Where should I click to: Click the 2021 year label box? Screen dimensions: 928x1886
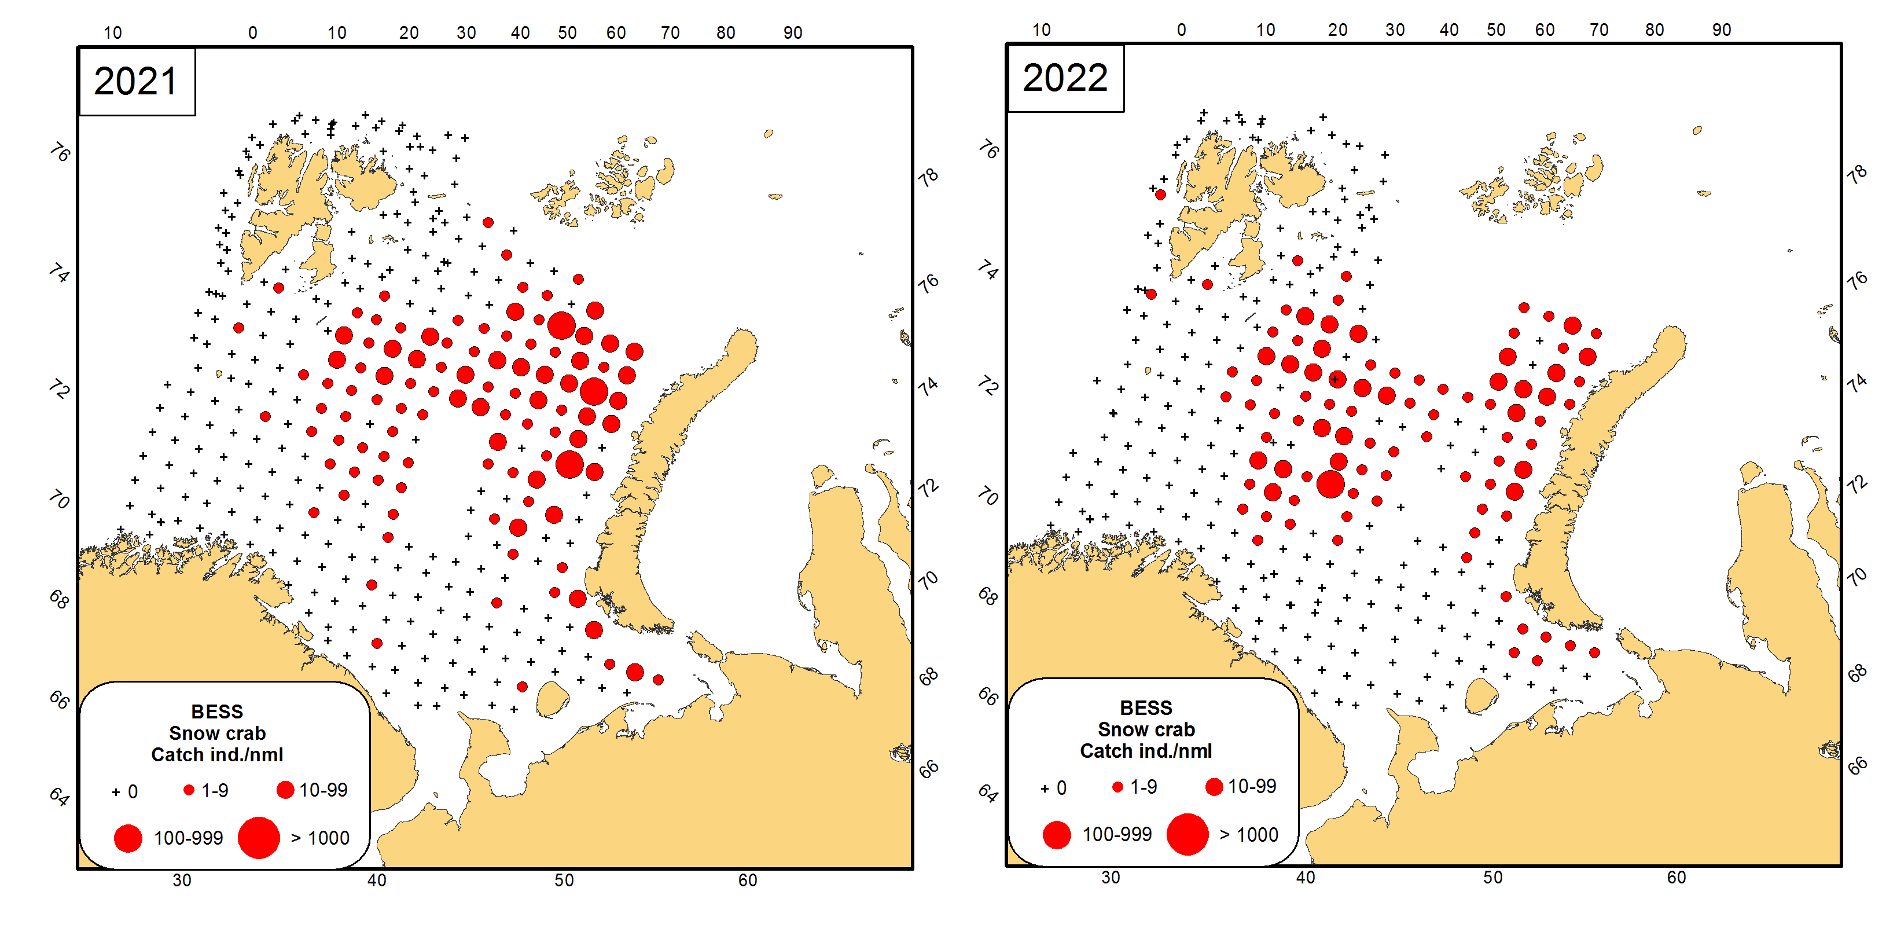136,81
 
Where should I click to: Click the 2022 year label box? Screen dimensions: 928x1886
1065,78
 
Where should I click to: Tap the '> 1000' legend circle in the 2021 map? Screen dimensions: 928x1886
259,838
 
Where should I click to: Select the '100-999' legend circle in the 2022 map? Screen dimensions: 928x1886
1057,835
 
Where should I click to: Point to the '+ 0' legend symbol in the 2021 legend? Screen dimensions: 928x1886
116,792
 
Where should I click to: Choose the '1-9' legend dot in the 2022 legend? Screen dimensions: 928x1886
1117,787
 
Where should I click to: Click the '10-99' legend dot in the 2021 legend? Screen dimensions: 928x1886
285,790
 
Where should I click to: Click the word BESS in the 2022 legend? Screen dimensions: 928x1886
1146,707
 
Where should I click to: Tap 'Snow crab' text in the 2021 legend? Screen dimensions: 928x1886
218,733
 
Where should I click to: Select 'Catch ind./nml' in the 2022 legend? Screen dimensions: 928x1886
1146,751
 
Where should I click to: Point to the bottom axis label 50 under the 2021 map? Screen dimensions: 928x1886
564,881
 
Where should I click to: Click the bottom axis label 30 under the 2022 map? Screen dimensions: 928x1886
1111,878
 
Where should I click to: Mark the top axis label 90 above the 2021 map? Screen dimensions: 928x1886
793,33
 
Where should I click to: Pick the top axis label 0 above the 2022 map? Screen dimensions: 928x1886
1182,30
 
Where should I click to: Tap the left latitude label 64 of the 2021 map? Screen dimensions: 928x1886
59,796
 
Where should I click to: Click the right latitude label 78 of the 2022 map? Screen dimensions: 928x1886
1856,174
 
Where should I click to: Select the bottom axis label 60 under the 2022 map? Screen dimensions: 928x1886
1677,878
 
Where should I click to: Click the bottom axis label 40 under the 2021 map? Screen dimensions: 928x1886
376,881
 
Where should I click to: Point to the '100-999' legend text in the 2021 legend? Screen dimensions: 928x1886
188,838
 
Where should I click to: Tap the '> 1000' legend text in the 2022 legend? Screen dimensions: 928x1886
1249,835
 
